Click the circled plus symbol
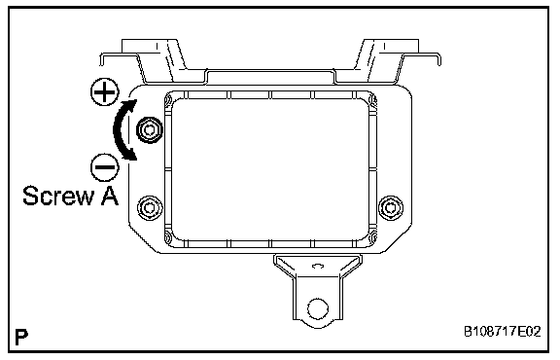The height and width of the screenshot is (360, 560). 104,92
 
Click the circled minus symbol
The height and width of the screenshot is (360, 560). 105,167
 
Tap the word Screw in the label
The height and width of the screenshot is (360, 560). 58,196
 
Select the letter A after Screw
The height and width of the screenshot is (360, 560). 110,196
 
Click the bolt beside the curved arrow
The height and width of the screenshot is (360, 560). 150,130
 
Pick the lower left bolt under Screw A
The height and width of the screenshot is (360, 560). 150,207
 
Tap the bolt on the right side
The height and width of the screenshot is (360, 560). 391,207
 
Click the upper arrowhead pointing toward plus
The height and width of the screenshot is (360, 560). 131,105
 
